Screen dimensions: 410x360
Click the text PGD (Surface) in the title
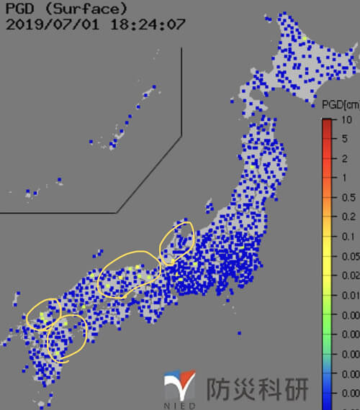[66, 9]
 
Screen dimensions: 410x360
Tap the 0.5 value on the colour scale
[346, 197]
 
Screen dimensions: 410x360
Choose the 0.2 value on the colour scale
[346, 217]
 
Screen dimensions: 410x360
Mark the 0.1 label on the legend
[346, 236]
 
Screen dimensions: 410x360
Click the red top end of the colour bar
[327, 124]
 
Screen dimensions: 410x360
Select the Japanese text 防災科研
[257, 389]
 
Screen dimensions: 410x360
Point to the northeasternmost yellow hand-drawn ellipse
[177, 242]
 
